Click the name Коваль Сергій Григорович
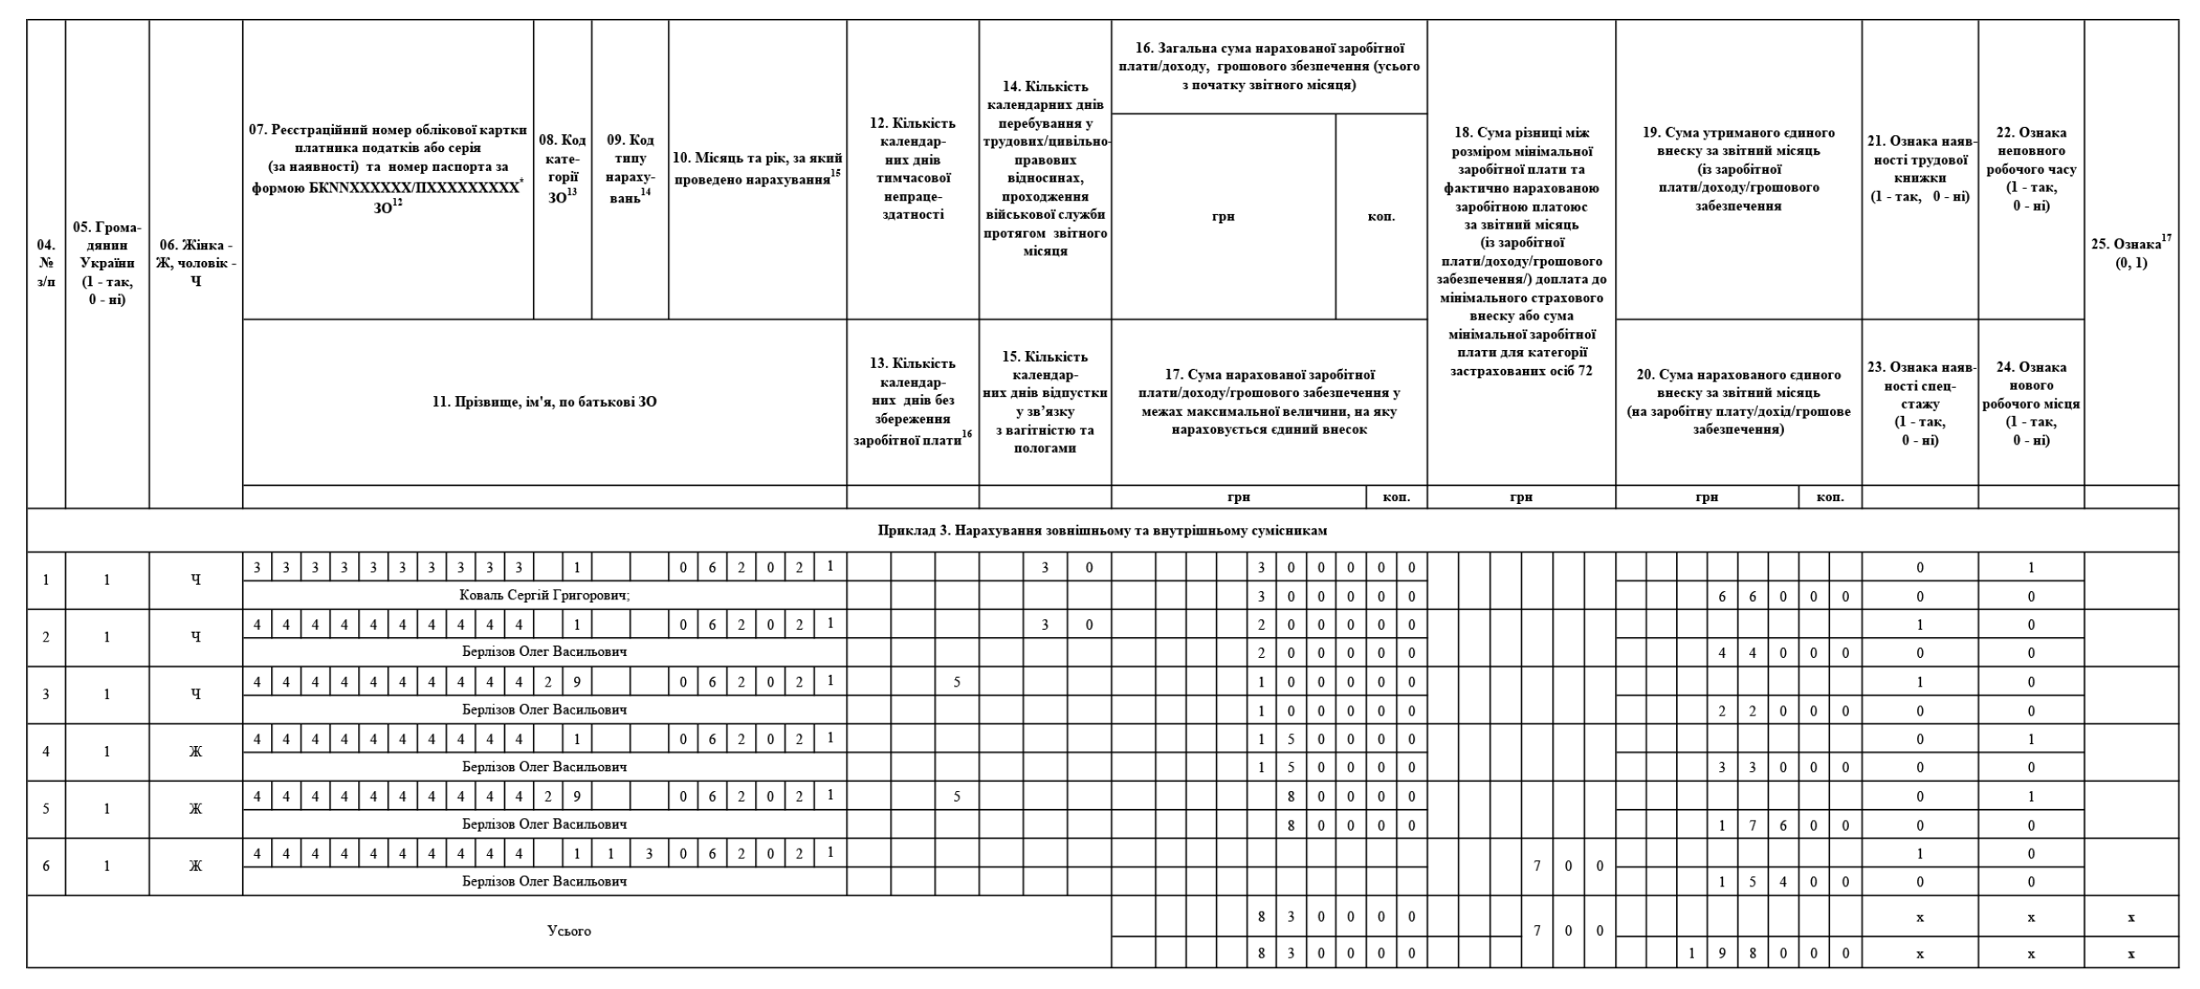pyautogui.click(x=544, y=596)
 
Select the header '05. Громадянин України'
pyautogui.click(x=107, y=263)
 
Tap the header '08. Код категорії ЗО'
pyautogui.click(x=562, y=168)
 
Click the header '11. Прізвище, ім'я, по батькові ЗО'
pyautogui.click(x=544, y=402)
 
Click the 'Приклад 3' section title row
pyautogui.click(x=1102, y=530)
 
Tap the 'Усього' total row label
pyautogui.click(x=569, y=931)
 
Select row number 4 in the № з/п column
pyautogui.click(x=46, y=751)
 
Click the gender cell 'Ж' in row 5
pyautogui.click(x=195, y=808)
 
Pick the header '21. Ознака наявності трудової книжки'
pyautogui.click(x=1919, y=168)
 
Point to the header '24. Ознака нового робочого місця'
pyautogui.click(x=2031, y=403)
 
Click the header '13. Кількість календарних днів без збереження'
pyautogui.click(x=913, y=401)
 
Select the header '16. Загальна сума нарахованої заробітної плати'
pyautogui.click(x=1269, y=66)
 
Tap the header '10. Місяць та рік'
pyautogui.click(x=757, y=168)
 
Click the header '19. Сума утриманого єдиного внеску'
pyautogui.click(x=1738, y=168)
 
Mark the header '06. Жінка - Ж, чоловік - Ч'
pyautogui.click(x=195, y=263)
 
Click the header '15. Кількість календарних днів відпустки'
pyautogui.click(x=1045, y=401)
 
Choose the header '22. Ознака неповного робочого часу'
pyautogui.click(x=2031, y=168)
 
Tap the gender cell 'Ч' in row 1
pyautogui.click(x=195, y=580)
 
